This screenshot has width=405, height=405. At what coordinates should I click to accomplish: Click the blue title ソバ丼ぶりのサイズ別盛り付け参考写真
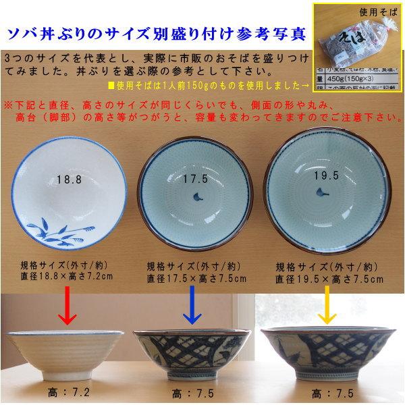pos(153,34)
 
